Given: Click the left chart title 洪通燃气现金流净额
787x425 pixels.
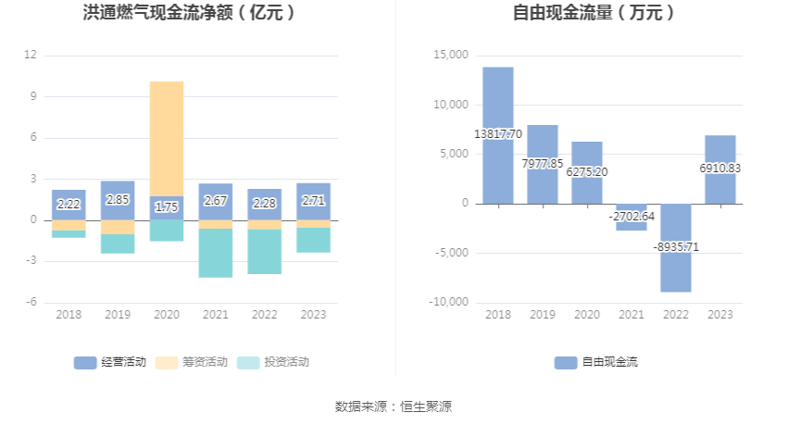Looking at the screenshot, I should coord(189,13).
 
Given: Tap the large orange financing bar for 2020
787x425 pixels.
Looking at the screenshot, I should coord(167,138).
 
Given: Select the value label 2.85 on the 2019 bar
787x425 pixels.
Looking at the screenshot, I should coord(118,200).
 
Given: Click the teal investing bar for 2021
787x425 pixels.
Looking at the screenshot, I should coord(216,253).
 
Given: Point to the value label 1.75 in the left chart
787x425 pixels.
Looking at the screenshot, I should coord(167,207).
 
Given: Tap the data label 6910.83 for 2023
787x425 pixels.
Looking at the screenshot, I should coord(720,169).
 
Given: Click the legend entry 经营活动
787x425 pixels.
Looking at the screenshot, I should coord(110,362).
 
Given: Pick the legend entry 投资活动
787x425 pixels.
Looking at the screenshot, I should coord(273,362).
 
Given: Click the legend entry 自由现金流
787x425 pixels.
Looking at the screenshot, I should coord(596,362).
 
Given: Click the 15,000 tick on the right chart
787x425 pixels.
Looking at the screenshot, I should coord(452,56).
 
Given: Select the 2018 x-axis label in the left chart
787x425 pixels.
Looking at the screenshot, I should coord(69,315).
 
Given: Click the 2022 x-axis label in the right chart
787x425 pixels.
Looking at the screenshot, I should coord(676,315).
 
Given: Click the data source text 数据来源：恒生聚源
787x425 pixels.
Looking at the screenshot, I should coord(393,406).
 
